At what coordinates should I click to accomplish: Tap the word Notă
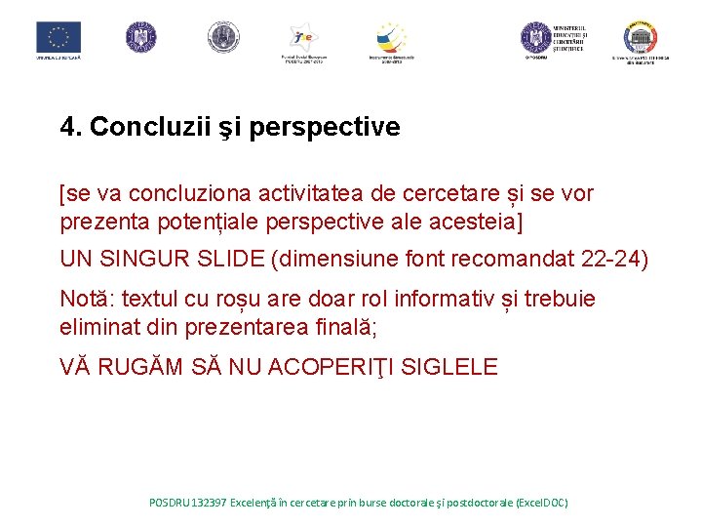coord(86,298)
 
